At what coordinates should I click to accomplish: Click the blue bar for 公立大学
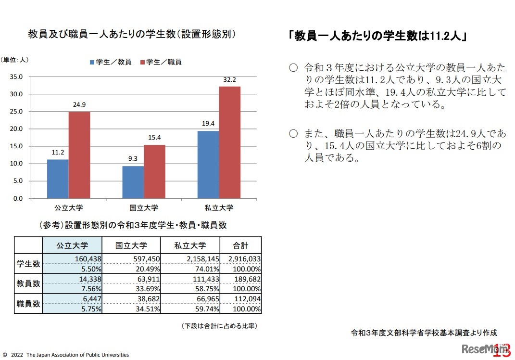[58, 179]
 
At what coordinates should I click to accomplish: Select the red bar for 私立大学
[229, 142]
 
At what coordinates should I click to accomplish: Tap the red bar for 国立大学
[154, 171]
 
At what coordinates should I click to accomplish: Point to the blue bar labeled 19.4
[208, 165]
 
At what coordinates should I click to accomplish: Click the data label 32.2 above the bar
[230, 80]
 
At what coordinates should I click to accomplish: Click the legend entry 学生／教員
[110, 62]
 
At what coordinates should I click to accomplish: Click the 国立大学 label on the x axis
[144, 208]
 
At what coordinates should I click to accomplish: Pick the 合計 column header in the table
[240, 245]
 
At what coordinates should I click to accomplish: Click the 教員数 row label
[28, 284]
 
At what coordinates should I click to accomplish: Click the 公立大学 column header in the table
[72, 245]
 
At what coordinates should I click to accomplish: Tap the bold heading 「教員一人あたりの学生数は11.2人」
[379, 37]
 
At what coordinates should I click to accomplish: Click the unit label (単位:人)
[15, 60]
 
